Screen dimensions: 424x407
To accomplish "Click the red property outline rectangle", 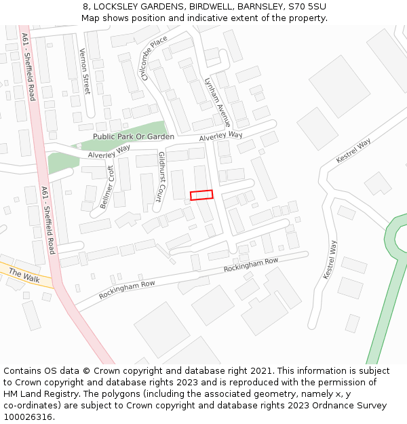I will click(x=201, y=195).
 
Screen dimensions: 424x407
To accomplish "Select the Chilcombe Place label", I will click(x=154, y=58).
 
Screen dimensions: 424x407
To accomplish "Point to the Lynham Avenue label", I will click(x=218, y=102).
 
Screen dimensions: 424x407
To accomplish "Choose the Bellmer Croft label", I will click(x=107, y=187).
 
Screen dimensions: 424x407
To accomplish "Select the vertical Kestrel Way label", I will click(x=330, y=260).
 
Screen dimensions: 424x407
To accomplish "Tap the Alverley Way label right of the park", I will click(x=220, y=136).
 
